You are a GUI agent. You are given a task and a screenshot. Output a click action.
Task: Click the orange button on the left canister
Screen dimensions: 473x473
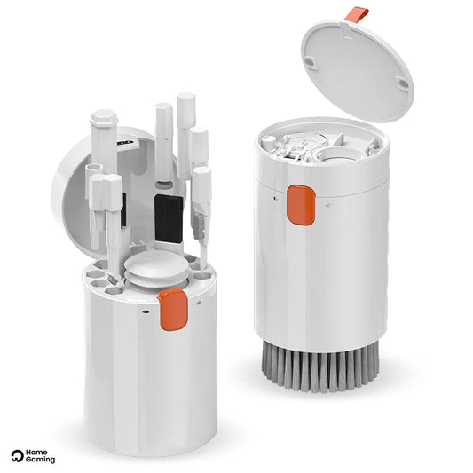point(173,309)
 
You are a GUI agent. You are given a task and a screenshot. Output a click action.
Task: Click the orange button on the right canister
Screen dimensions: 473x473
point(301,205)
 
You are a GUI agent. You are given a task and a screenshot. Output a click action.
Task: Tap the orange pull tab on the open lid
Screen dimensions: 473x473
point(357,15)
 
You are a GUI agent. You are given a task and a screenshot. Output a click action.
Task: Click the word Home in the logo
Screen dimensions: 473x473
point(36,453)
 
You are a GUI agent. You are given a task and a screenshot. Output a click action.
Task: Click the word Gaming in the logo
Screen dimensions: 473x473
point(40,460)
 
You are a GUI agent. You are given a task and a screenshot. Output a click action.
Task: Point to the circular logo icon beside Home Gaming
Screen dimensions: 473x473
point(17,456)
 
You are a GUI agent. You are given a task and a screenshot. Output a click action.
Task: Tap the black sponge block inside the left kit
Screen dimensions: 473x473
point(169,218)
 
